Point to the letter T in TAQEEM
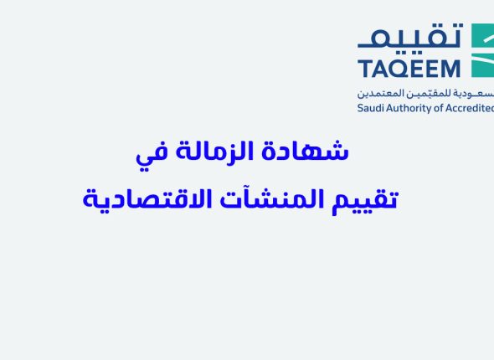(x=364, y=68)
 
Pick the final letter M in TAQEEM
(x=453, y=68)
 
